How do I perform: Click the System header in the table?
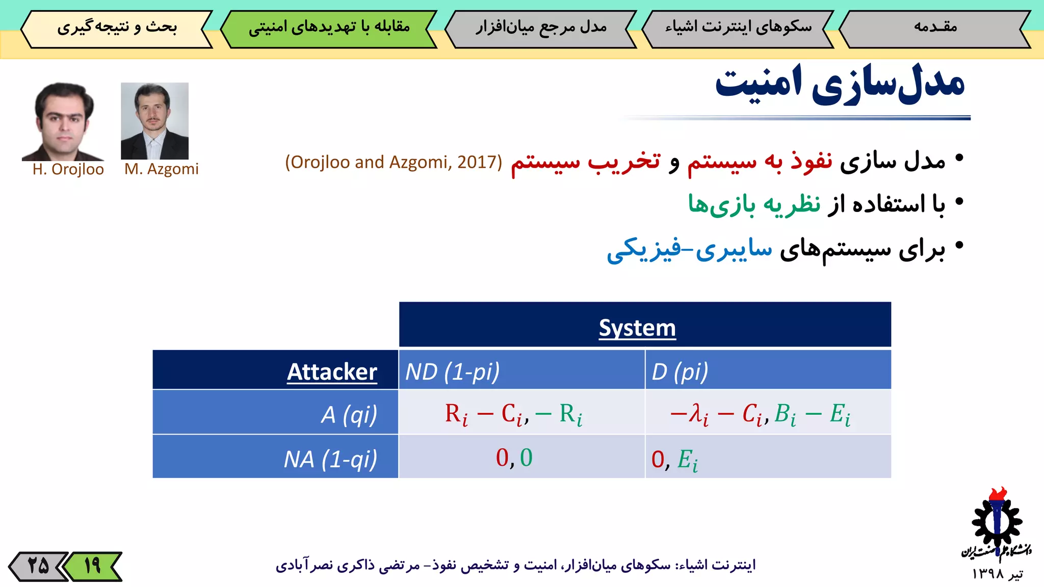(637, 327)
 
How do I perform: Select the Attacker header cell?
(332, 371)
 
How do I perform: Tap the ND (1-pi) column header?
(452, 371)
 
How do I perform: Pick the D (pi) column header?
(680, 371)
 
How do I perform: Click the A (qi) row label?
(349, 414)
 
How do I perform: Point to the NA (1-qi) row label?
(330, 459)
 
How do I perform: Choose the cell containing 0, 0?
(514, 457)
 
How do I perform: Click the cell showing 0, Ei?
(674, 459)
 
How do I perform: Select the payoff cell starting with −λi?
(760, 413)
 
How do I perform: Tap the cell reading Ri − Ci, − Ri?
(514, 413)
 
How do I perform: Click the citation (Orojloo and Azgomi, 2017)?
(394, 162)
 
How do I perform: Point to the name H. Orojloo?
(68, 169)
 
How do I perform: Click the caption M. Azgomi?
(161, 169)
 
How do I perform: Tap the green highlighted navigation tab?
(329, 28)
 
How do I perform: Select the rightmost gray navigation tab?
(935, 28)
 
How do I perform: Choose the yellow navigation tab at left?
(117, 28)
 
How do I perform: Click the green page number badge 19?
(93, 566)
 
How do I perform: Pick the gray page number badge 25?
(38, 566)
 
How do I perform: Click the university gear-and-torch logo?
(996, 525)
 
